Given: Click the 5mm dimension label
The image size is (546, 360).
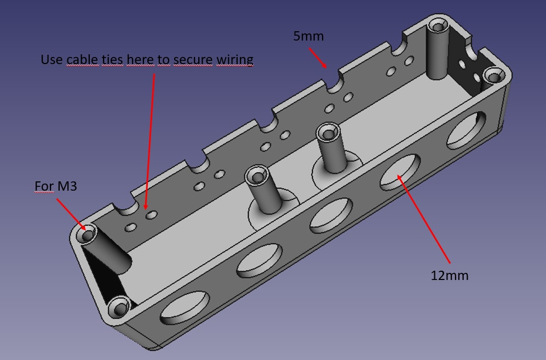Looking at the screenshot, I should (x=308, y=37).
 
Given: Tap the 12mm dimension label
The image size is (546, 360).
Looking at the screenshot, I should (x=449, y=275).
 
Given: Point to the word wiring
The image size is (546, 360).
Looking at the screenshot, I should (x=234, y=59).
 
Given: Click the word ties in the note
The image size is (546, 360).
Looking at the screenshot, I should (x=112, y=59).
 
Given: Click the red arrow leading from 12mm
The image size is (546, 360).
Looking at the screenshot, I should (x=424, y=219).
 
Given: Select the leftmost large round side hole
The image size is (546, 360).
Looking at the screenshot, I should (x=184, y=307).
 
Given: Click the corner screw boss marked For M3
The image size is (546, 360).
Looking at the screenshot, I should (x=88, y=235).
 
